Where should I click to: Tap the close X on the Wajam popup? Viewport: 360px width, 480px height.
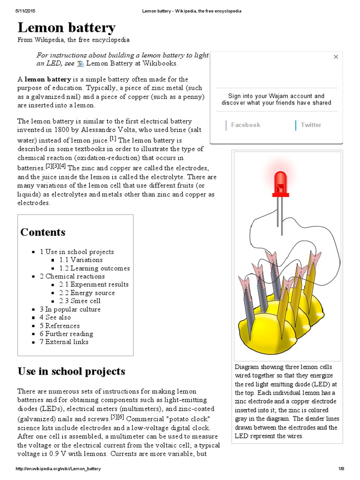[336, 57]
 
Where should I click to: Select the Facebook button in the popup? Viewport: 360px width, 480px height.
[245, 125]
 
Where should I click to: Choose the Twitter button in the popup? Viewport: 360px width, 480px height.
[311, 125]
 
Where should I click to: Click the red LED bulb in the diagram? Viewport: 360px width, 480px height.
[280, 182]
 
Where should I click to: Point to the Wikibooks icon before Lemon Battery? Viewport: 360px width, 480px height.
[80, 64]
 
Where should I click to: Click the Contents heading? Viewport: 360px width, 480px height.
[43, 232]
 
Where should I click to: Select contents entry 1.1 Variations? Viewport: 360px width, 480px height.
[81, 260]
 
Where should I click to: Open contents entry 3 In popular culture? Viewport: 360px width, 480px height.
[70, 309]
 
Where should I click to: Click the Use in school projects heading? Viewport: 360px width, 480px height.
[71, 372]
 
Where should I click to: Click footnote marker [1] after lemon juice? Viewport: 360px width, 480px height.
[112, 138]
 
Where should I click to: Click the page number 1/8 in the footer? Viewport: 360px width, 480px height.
[341, 469]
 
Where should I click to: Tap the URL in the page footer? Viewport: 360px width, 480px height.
[58, 469]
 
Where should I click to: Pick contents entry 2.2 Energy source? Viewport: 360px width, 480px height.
[87, 293]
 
